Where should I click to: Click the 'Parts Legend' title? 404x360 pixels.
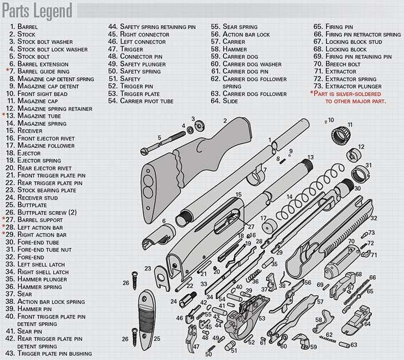click(37, 11)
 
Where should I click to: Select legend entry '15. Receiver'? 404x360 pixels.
click(24, 131)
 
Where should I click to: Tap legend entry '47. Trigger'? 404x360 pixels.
click(125, 49)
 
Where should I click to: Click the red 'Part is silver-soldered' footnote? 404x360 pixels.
click(348, 97)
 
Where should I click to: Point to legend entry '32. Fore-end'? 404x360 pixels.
click(25, 257)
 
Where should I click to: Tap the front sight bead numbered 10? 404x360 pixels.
click(325, 122)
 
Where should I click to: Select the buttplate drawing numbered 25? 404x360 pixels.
click(146, 320)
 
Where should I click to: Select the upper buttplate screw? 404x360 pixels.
click(135, 280)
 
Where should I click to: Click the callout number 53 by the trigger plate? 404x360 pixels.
click(262, 318)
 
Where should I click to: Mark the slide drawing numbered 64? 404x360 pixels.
click(357, 320)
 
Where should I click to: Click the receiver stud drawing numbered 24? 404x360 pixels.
click(187, 300)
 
